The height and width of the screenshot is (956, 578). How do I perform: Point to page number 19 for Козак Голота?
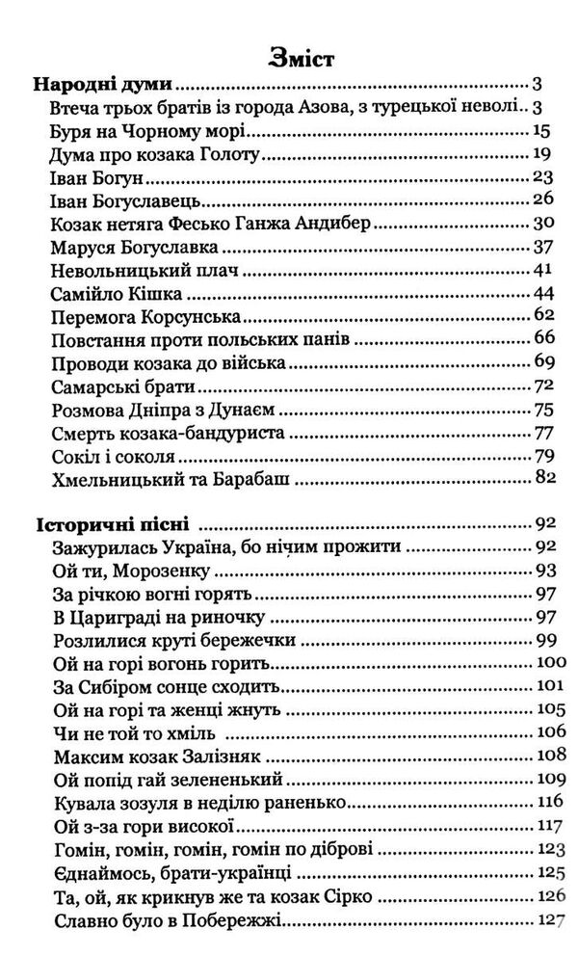coord(539,155)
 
